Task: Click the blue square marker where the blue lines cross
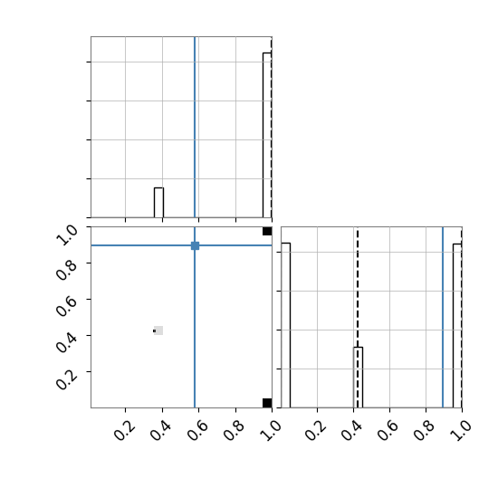195,245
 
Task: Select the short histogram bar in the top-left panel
158,203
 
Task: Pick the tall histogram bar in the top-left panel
267,135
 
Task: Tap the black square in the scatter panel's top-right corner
267,231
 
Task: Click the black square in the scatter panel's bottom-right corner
267,403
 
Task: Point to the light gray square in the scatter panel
158,330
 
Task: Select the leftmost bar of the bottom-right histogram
286,325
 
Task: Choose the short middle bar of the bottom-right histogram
359,378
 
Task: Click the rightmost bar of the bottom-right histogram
457,326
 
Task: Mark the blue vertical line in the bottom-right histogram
443,317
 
